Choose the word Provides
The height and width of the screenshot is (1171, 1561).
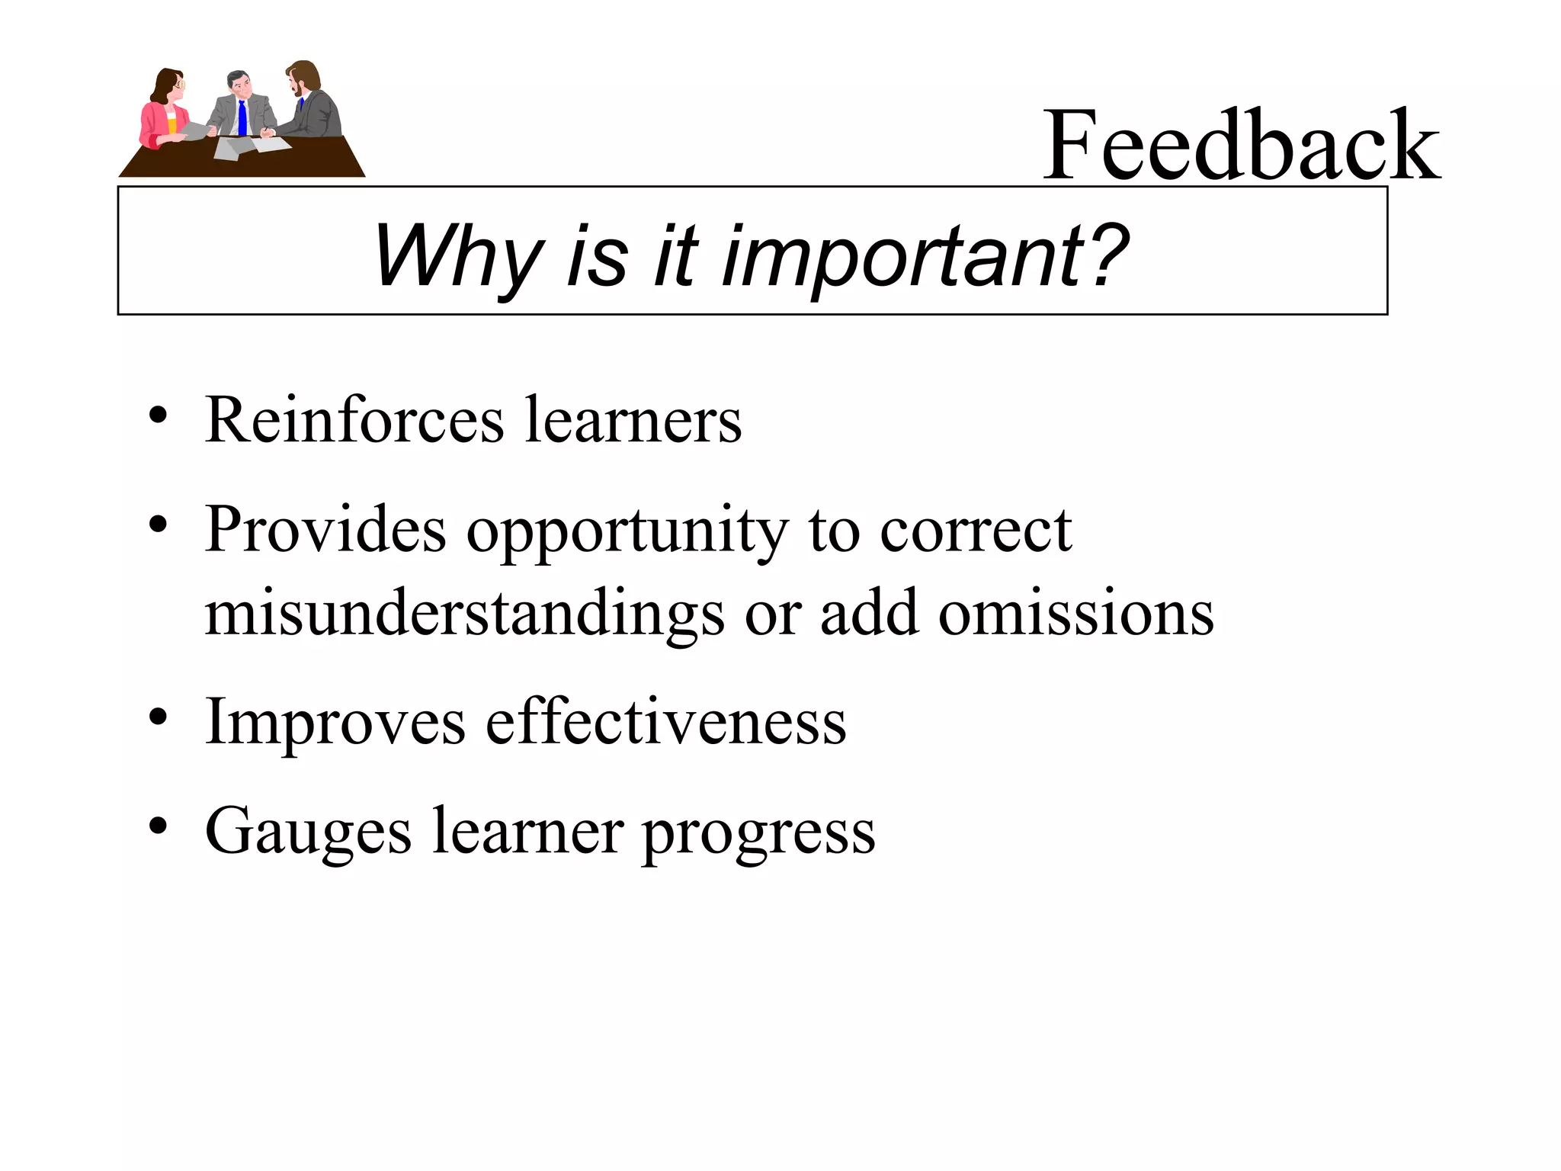(x=325, y=530)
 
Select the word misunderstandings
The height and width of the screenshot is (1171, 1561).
(x=464, y=614)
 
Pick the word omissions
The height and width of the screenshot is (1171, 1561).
(x=1075, y=614)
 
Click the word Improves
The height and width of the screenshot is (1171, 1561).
(x=335, y=723)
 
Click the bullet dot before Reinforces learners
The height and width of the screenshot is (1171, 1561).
(x=158, y=416)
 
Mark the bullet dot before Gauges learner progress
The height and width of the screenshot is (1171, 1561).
(x=158, y=826)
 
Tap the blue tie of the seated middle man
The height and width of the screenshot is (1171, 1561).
(x=242, y=118)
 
